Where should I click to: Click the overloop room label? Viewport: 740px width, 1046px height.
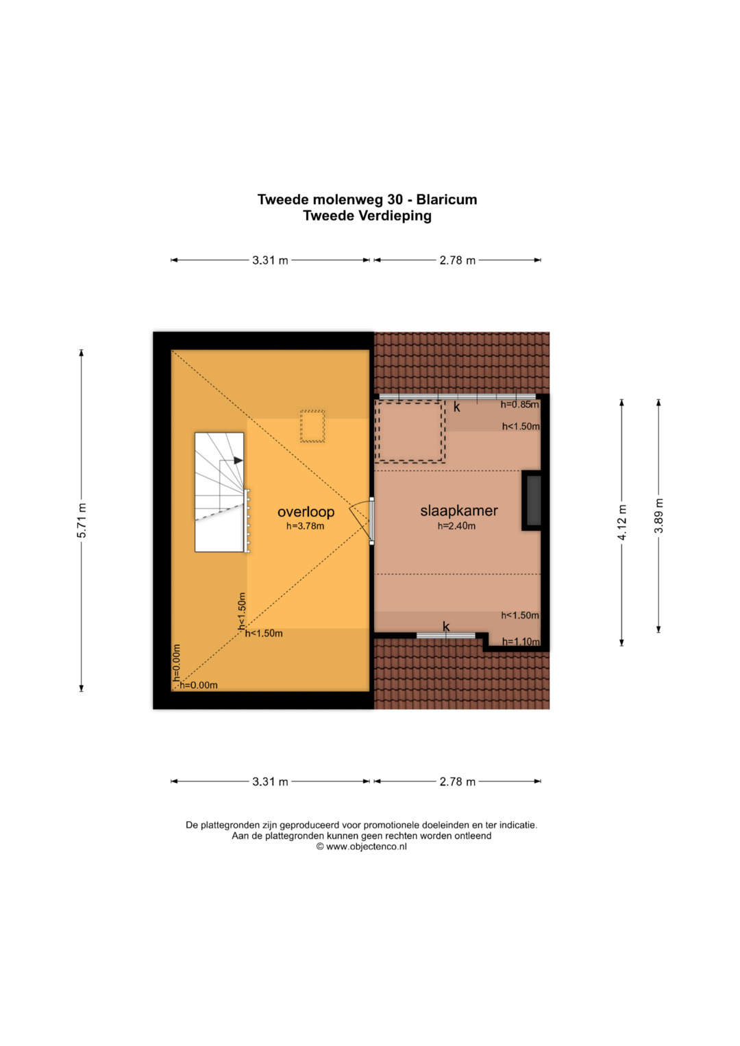click(306, 512)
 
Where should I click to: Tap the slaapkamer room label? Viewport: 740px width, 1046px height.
click(459, 511)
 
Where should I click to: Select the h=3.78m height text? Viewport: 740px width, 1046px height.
click(305, 526)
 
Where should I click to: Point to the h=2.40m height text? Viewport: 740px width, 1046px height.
click(456, 526)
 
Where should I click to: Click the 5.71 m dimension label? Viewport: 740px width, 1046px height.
click(82, 520)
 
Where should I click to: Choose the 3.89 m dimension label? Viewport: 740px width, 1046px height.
click(658, 516)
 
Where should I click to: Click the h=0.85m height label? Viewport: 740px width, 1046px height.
click(519, 405)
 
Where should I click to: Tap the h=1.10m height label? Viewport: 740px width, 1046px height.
click(521, 642)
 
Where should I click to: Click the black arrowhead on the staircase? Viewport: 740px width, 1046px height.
click(238, 460)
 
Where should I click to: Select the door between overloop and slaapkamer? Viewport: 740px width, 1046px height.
click(371, 521)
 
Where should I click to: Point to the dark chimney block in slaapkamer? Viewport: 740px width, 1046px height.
click(532, 501)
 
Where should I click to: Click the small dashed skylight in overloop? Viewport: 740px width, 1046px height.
click(312, 426)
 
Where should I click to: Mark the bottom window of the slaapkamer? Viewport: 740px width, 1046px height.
click(445, 635)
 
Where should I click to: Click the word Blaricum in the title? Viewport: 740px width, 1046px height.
click(447, 199)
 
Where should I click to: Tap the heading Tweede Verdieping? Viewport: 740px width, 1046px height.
click(367, 216)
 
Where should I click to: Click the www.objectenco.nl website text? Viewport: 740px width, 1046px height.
click(367, 847)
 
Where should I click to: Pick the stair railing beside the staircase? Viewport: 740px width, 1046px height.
click(247, 521)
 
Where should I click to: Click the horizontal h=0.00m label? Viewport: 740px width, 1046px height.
click(199, 686)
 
